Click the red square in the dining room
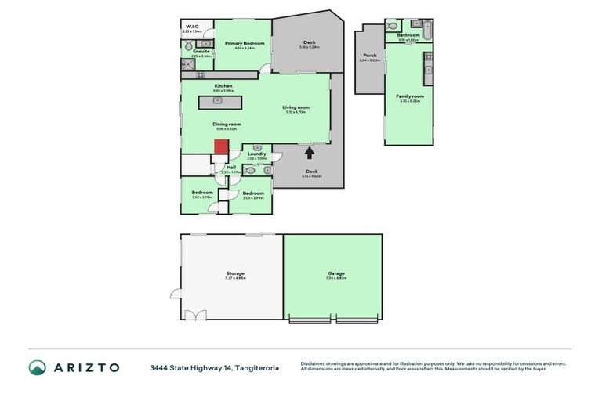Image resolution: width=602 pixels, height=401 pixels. [x=221, y=146]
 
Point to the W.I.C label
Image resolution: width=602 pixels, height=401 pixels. [x=192, y=27]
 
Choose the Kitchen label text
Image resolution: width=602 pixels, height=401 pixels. [x=223, y=85]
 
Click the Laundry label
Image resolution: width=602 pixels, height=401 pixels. [x=257, y=154]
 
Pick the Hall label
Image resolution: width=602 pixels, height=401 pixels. [x=231, y=167]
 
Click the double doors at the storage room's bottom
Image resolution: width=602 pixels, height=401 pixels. [x=195, y=315]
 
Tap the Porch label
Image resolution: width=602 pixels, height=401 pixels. [x=369, y=55]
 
